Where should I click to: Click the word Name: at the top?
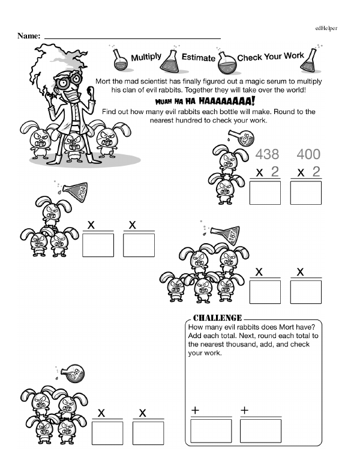[x=29, y=35]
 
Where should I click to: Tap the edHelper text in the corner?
[x=326, y=28]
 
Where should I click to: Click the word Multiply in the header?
[x=146, y=57]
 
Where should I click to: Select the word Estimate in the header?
[x=199, y=57]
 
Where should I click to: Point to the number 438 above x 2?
[x=267, y=154]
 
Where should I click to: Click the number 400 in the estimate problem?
[x=308, y=154]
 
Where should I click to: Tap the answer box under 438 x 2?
[x=265, y=193]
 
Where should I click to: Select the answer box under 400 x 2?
[x=306, y=193]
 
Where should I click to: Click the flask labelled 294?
[x=75, y=191]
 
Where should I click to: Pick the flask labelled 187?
[x=227, y=234]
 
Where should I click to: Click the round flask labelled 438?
[x=242, y=138]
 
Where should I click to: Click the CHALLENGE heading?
[x=217, y=318]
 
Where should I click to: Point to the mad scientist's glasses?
[x=68, y=80]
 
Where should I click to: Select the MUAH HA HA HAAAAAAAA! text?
[x=205, y=101]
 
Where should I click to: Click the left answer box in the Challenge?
[x=211, y=431]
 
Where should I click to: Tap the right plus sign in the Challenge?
[x=244, y=410]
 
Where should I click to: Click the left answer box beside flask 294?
[x=98, y=245]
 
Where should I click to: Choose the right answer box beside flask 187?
[x=306, y=292]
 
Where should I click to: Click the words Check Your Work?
[x=271, y=56]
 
